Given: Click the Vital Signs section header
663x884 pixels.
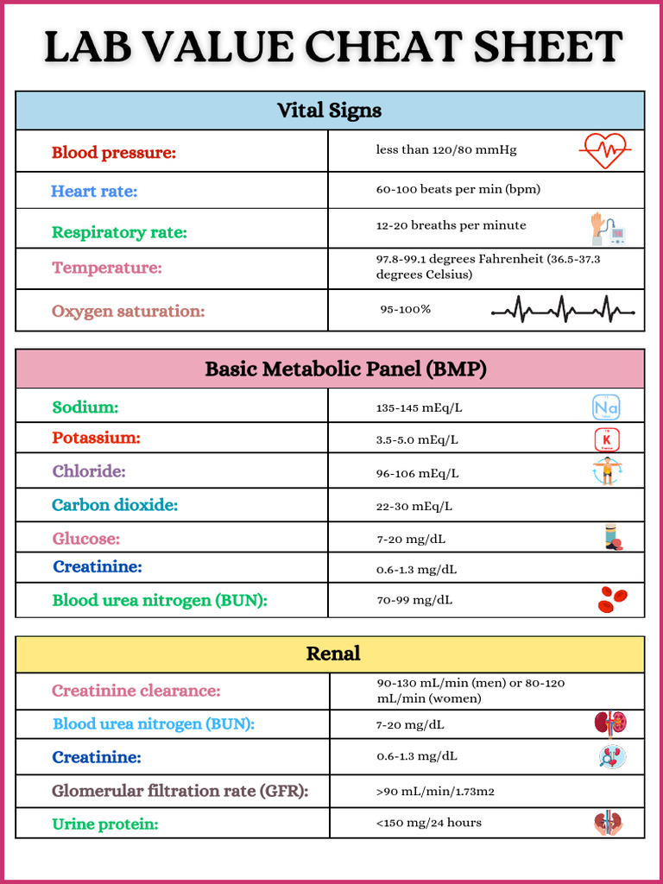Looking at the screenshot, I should click(329, 110).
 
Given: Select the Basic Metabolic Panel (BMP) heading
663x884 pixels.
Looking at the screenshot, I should click(345, 369).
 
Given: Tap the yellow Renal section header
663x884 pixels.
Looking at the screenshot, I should click(333, 654).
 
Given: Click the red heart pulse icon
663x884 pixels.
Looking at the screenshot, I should click(604, 151).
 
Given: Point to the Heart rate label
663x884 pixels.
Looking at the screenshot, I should click(94, 192).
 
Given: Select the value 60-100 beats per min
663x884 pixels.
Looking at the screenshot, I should click(458, 189).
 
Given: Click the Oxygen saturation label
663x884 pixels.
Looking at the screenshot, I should click(129, 312).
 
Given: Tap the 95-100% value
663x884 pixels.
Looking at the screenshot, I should click(405, 309).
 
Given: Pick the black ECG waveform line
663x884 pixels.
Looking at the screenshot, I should click(563, 310).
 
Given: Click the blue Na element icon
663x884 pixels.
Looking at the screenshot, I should click(606, 407).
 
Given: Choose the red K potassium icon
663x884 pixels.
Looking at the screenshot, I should click(607, 440).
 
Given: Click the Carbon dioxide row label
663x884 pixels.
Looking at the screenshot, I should click(115, 505).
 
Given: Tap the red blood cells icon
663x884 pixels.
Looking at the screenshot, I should click(612, 598).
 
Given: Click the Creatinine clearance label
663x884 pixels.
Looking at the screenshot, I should click(136, 691).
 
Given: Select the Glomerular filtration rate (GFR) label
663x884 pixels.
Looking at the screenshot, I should click(180, 791).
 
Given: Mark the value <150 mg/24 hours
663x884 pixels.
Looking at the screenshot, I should click(428, 823).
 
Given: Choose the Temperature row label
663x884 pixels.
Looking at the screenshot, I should click(107, 268).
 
